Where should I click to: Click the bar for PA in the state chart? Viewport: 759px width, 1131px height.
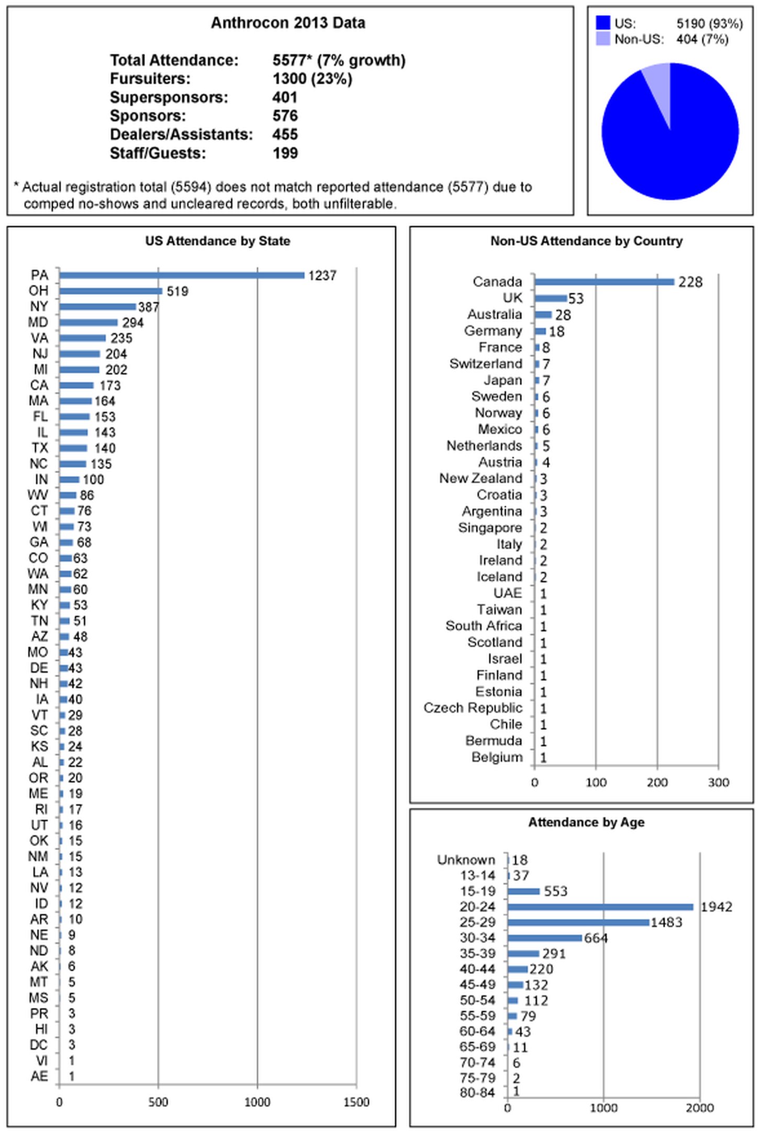pyautogui.click(x=182, y=275)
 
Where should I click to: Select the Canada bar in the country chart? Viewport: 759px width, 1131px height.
pyautogui.click(x=604, y=282)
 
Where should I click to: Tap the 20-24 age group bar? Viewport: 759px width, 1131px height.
pyautogui.click(x=600, y=907)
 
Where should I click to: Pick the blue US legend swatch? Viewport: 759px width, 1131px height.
pyautogui.click(x=603, y=23)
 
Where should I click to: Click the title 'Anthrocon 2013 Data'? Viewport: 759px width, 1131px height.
pyautogui.click(x=288, y=23)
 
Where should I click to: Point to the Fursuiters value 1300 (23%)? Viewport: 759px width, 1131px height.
pyautogui.click(x=312, y=79)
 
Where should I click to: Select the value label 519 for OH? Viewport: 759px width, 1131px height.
pyautogui.click(x=177, y=291)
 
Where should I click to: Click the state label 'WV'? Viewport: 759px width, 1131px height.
pyautogui.click(x=38, y=495)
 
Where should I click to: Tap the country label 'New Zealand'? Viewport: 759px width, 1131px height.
pyautogui.click(x=481, y=479)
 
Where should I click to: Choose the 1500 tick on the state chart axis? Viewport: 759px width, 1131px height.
pyautogui.click(x=356, y=1102)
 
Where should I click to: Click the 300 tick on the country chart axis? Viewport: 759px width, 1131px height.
pyautogui.click(x=718, y=783)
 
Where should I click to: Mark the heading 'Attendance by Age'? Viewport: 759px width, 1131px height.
pyautogui.click(x=586, y=822)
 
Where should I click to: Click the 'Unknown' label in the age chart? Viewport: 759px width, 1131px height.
pyautogui.click(x=466, y=860)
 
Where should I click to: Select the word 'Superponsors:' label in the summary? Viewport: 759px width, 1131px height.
pyautogui.click(x=169, y=97)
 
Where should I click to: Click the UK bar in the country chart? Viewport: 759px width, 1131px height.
pyautogui.click(x=551, y=298)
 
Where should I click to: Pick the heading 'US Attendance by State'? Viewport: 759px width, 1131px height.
pyautogui.click(x=218, y=241)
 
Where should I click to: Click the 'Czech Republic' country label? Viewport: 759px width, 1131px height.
pyautogui.click(x=473, y=708)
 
